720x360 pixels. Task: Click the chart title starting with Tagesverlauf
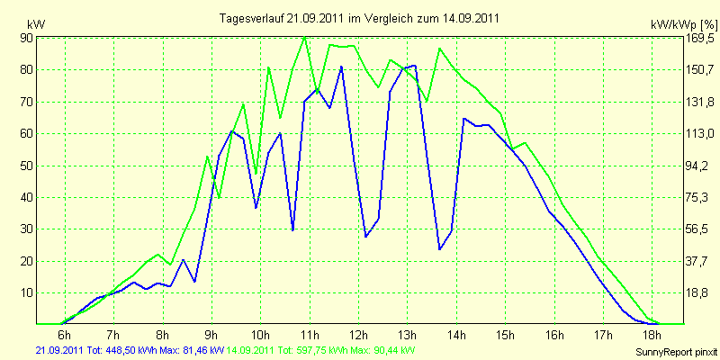(x=359, y=18)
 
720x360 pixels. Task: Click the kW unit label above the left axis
(x=36, y=24)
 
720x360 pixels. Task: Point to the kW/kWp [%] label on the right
(x=683, y=24)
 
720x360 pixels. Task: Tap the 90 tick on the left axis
(x=26, y=38)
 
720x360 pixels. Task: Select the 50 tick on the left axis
(x=26, y=166)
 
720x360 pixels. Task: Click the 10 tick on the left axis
(x=26, y=293)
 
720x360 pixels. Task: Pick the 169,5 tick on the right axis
(x=700, y=38)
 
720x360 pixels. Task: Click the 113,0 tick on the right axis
(x=700, y=133)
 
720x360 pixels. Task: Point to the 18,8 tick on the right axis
(x=700, y=293)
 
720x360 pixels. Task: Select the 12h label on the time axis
(x=358, y=333)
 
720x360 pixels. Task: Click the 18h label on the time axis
(x=652, y=333)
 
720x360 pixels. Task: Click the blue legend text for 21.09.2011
(x=130, y=351)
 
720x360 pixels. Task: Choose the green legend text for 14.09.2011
(x=317, y=351)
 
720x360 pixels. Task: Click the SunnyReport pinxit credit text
(x=676, y=352)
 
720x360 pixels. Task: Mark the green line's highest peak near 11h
(x=304, y=37)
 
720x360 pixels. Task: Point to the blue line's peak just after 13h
(x=415, y=65)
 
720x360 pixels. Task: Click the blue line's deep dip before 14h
(x=439, y=249)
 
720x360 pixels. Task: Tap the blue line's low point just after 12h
(x=366, y=237)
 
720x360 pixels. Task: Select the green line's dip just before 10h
(x=256, y=174)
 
